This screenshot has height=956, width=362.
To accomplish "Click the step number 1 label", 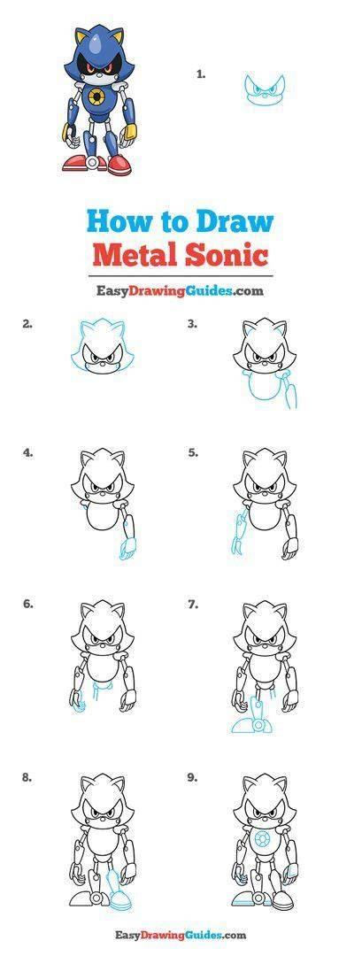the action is (201, 74).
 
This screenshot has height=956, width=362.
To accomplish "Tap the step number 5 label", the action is (193, 453).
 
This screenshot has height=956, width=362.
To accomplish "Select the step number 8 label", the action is (27, 777).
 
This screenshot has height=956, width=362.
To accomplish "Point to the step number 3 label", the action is (193, 324).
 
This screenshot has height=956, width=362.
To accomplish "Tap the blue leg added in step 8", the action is (115, 890).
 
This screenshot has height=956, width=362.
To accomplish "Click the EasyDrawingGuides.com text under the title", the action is (181, 291).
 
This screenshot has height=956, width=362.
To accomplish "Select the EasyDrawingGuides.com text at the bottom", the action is (181, 935).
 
